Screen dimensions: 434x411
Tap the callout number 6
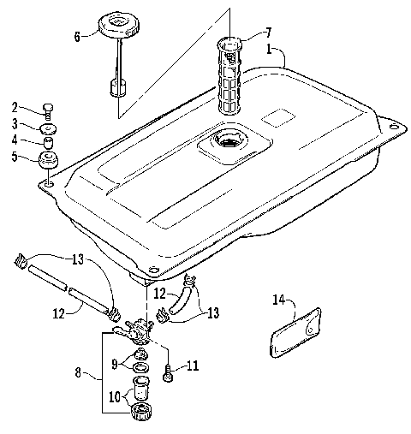[x=76, y=38]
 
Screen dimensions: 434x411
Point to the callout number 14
[x=277, y=300]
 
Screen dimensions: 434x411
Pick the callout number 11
[x=193, y=366]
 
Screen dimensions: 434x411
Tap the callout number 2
[x=15, y=108]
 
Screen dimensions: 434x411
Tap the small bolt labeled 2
[x=48, y=109]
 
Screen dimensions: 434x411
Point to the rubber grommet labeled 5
[x=48, y=160]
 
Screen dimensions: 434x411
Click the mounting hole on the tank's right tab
[x=393, y=127]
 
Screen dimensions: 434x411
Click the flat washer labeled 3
[x=49, y=127]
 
